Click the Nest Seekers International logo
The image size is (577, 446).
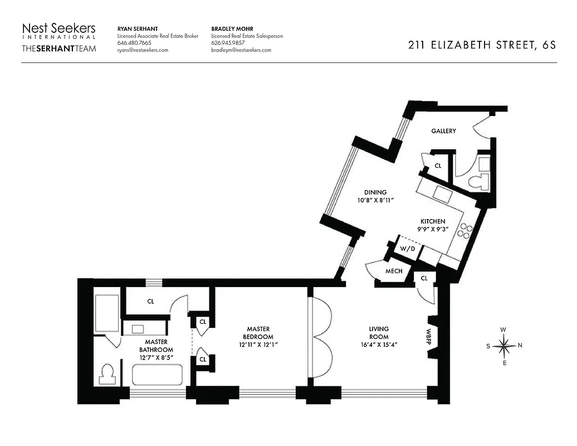pyautogui.click(x=58, y=31)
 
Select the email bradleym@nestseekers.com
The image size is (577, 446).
pyautogui.click(x=241, y=50)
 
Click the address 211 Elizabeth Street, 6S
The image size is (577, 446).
pyautogui.click(x=482, y=46)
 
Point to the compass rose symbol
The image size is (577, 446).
pyautogui.click(x=504, y=346)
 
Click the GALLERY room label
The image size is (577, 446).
pyautogui.click(x=443, y=131)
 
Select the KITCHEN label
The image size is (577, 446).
pyautogui.click(x=433, y=221)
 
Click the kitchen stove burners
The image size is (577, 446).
pyautogui.click(x=464, y=230)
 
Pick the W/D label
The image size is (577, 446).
pyautogui.click(x=408, y=249)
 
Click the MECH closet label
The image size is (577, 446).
pyautogui.click(x=394, y=272)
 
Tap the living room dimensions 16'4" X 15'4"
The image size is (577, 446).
pyautogui.click(x=379, y=345)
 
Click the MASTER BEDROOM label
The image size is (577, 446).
pyautogui.click(x=257, y=333)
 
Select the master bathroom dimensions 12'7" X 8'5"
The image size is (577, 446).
pyautogui.click(x=157, y=357)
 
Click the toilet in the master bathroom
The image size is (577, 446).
pyautogui.click(x=107, y=374)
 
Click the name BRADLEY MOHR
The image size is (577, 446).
pyautogui.click(x=232, y=28)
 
